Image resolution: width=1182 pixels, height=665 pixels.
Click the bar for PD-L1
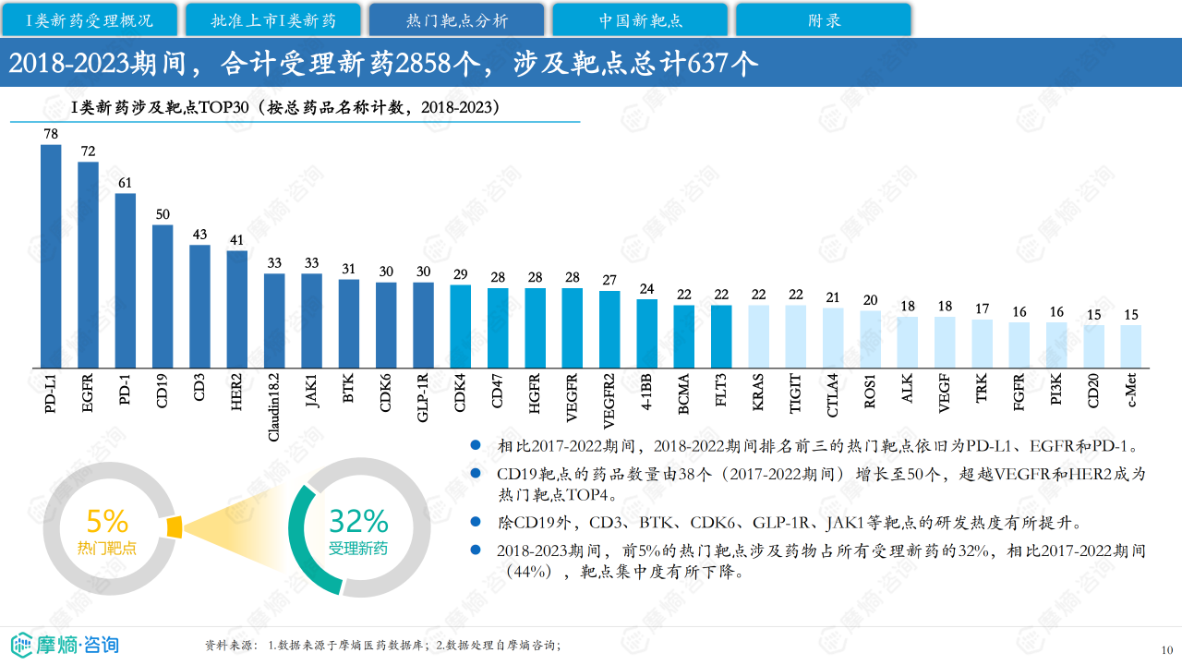[x=51, y=256]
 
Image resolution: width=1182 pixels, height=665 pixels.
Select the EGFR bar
[x=88, y=265]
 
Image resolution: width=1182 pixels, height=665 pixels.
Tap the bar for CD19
[x=163, y=296]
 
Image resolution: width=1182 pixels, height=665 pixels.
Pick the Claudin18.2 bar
[x=274, y=320]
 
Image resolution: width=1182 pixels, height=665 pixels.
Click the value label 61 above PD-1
[x=126, y=183]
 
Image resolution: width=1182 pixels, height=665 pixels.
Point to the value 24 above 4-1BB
[x=646, y=289]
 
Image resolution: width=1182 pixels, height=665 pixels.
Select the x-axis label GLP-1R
[x=423, y=397]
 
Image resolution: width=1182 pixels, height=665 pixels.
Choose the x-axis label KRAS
[x=758, y=391]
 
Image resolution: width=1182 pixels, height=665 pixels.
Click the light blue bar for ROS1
[x=870, y=339]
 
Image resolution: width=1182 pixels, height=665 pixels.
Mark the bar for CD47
[x=498, y=328]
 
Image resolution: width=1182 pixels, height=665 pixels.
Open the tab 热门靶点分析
[x=456, y=19]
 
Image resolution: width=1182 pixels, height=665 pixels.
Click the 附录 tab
[x=824, y=19]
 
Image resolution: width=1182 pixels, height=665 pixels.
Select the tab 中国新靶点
[x=640, y=19]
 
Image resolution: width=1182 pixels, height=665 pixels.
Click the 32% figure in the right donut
[x=358, y=521]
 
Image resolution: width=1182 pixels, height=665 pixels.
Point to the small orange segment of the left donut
[x=175, y=526]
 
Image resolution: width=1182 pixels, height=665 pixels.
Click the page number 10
[x=1166, y=648]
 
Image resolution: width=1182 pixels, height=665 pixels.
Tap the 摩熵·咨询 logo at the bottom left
[x=65, y=644]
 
